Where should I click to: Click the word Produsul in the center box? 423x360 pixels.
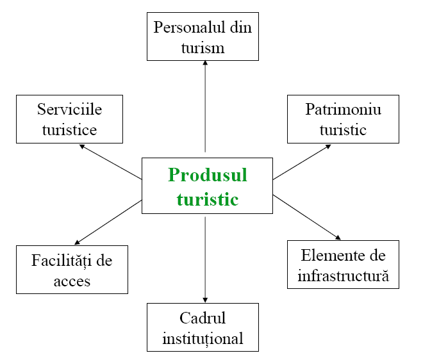pyautogui.click(x=207, y=175)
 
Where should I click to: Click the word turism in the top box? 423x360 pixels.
pyautogui.click(x=203, y=48)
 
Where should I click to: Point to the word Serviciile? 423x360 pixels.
pyautogui.click(x=69, y=109)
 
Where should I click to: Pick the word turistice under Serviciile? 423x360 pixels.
pyautogui.click(x=69, y=130)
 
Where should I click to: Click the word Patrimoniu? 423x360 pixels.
pyautogui.click(x=343, y=109)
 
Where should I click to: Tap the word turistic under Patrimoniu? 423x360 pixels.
pyautogui.click(x=343, y=130)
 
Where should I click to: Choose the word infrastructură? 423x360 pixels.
pyautogui.click(x=343, y=277)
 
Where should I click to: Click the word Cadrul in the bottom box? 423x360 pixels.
pyautogui.click(x=203, y=318)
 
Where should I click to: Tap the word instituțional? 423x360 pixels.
pyautogui.click(x=203, y=338)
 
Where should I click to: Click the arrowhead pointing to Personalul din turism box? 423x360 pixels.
pyautogui.click(x=205, y=63)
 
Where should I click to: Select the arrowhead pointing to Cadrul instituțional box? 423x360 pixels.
pyautogui.click(x=205, y=300)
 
